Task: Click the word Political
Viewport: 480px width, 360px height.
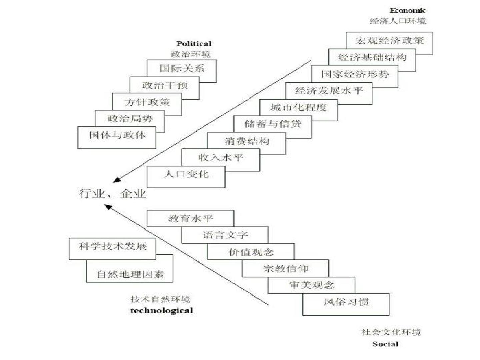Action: (x=194, y=44)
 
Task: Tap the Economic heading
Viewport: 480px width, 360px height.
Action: (x=408, y=10)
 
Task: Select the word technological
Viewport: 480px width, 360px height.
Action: (x=161, y=311)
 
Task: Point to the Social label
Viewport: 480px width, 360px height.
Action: (x=385, y=344)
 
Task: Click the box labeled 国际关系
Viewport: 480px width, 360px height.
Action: (x=182, y=69)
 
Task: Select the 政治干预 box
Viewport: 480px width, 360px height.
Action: (x=165, y=85)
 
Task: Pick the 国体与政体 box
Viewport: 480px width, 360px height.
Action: (x=117, y=135)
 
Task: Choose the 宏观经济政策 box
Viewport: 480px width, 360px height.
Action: (x=389, y=41)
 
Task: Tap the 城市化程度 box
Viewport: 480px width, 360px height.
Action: (x=298, y=108)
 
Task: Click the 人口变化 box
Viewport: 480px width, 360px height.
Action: (x=186, y=174)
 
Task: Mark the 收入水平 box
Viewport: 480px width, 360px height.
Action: (x=221, y=158)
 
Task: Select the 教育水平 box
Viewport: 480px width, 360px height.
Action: (x=190, y=219)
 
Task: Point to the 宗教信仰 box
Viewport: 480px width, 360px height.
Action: (x=286, y=269)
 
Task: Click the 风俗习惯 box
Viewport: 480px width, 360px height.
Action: (x=346, y=303)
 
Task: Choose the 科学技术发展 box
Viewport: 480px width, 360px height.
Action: (x=113, y=247)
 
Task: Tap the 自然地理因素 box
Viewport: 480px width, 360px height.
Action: (x=130, y=274)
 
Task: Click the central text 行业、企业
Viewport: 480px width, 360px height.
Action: (x=113, y=193)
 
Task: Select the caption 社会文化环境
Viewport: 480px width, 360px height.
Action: (x=391, y=332)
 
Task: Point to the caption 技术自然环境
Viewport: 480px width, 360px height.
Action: (x=160, y=299)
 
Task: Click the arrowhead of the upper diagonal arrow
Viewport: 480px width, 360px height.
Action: (x=117, y=180)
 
